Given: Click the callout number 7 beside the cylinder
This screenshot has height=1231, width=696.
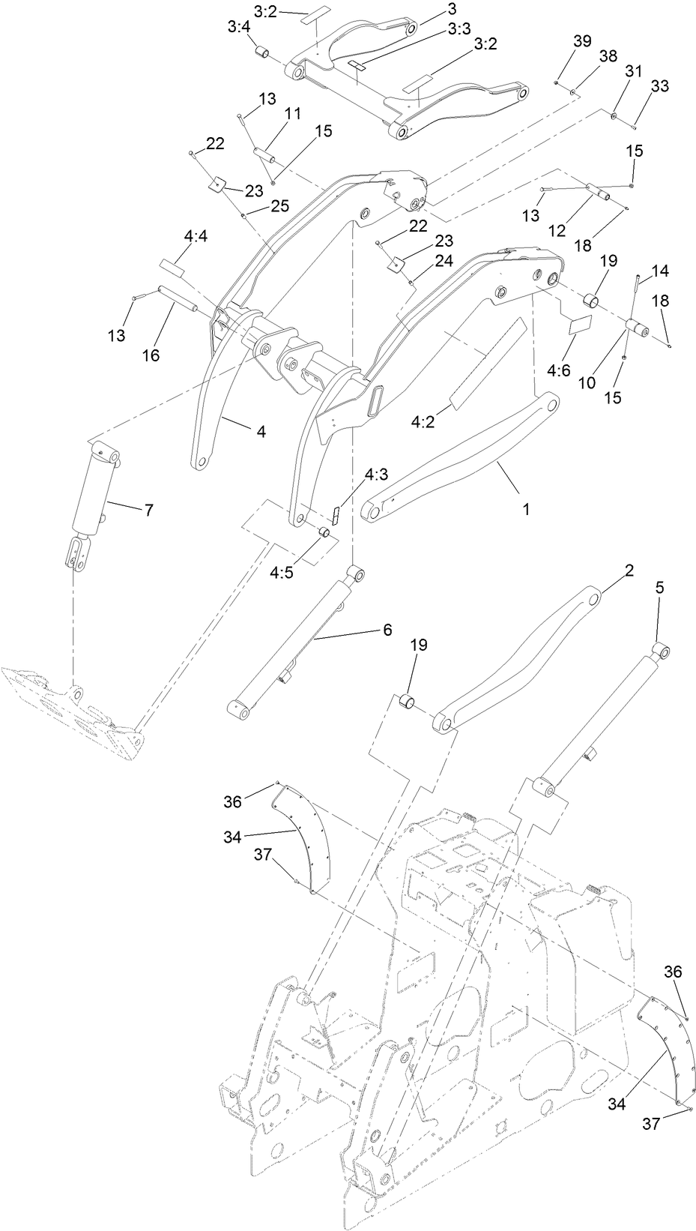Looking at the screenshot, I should [x=149, y=510].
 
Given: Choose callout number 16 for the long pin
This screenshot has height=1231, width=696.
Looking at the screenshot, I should [x=151, y=355].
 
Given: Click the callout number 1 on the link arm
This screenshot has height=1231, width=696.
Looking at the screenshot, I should [x=526, y=508].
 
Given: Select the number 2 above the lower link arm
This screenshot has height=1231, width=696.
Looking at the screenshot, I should [x=629, y=571].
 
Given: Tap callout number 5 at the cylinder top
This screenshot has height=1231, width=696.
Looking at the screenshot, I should [x=659, y=589].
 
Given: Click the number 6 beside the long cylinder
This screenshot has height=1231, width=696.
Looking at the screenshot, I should [x=387, y=630].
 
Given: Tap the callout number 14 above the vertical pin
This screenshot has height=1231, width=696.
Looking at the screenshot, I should [x=661, y=270].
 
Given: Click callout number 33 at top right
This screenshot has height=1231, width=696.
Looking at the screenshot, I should [x=659, y=86].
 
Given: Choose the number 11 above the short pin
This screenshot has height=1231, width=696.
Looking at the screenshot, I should [x=292, y=114].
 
